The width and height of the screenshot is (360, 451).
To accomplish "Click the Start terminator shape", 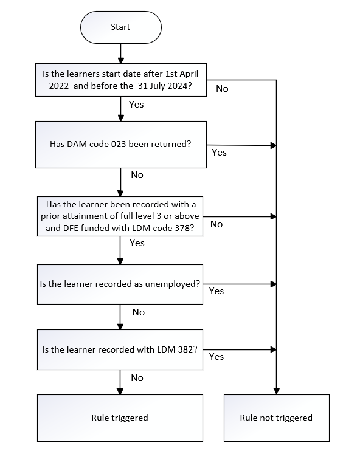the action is click(x=121, y=27).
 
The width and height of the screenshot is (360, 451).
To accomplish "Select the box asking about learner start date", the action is click(x=121, y=80).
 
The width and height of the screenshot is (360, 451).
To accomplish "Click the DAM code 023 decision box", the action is click(x=121, y=145).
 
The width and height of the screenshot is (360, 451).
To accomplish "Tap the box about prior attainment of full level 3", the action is click(x=120, y=216).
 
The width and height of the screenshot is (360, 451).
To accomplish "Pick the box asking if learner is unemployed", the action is click(x=120, y=284).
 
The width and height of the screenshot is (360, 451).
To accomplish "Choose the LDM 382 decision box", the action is click(x=120, y=349).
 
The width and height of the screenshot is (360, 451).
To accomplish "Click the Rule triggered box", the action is click(x=120, y=418).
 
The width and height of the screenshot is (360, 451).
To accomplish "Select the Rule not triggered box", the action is click(x=277, y=418).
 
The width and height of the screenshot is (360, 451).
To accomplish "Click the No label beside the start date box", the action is click(x=222, y=89).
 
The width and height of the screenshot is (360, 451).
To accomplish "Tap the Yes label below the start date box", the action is click(x=136, y=104).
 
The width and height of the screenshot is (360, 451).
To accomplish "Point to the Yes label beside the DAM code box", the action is click(x=220, y=152).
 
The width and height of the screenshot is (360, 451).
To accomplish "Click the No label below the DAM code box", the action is click(x=137, y=175).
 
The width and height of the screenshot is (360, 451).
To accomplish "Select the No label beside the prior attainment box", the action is click(x=216, y=224).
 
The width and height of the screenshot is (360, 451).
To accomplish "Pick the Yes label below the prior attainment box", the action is click(x=137, y=243).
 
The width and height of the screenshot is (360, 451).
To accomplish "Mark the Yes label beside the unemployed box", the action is click(x=216, y=291).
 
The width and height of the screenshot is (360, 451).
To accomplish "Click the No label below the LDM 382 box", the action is click(x=137, y=377).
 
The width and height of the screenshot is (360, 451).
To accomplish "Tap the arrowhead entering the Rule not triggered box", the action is click(x=277, y=391).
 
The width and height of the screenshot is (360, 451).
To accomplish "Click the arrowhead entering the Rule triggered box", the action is click(x=120, y=391).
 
